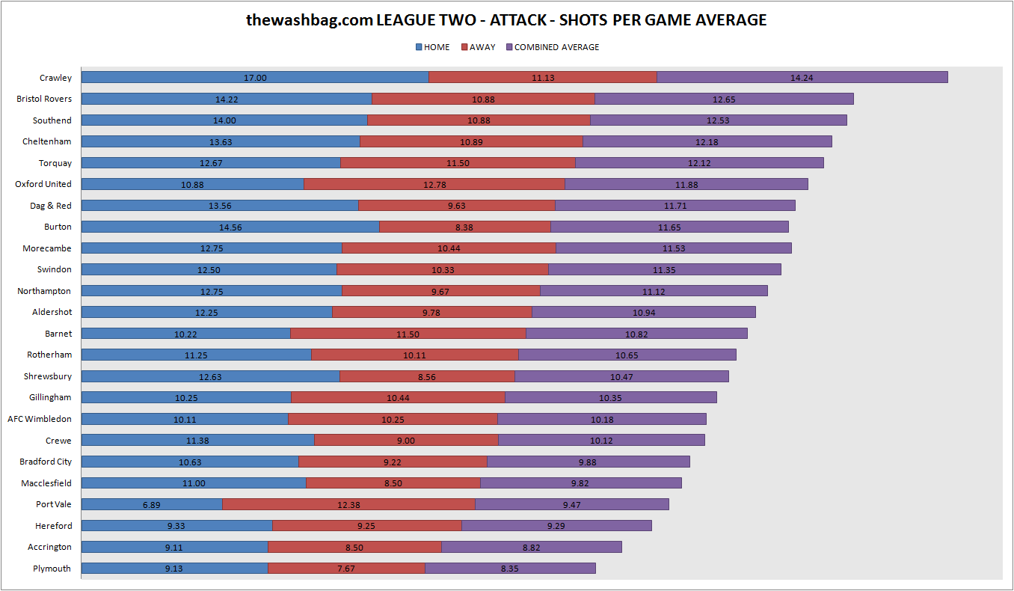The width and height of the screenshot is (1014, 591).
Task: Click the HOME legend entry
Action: (433, 47)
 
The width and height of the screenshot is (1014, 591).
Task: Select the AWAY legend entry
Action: (479, 47)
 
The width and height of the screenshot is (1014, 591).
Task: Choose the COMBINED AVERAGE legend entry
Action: (553, 47)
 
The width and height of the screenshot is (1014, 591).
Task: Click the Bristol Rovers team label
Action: (44, 99)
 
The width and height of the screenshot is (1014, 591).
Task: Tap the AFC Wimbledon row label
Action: (40, 419)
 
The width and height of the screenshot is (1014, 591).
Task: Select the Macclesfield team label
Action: (46, 483)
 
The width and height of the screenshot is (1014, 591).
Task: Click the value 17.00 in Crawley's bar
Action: (255, 77)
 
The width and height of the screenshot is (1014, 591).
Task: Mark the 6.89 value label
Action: (151, 505)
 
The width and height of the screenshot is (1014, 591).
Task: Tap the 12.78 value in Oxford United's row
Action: (434, 185)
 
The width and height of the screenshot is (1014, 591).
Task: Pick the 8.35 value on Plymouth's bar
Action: (509, 569)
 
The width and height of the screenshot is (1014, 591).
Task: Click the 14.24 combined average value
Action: (802, 78)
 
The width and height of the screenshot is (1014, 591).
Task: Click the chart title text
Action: (506, 20)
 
